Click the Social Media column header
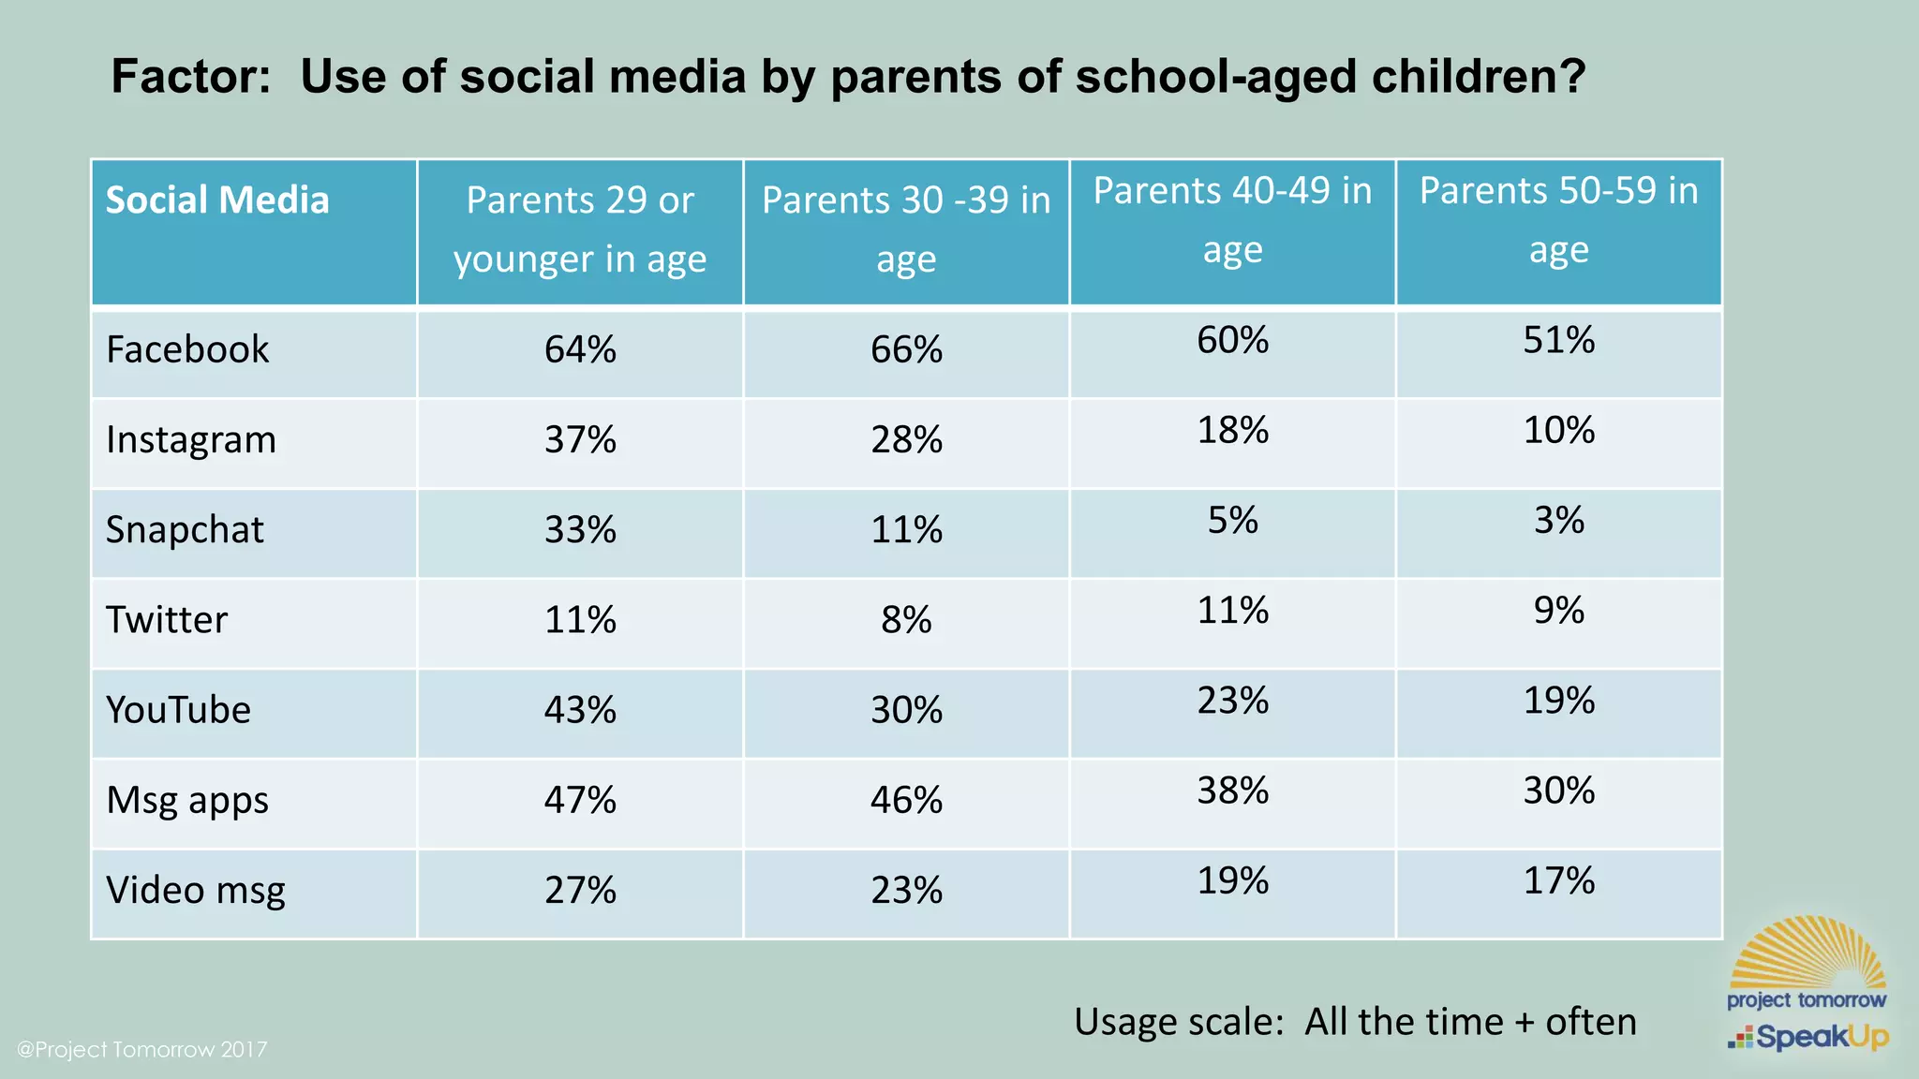tap(217, 200)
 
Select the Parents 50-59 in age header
tap(1558, 220)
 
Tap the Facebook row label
tap(187, 349)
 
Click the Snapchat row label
tap(185, 530)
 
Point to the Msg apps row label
tap(187, 801)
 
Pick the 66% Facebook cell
tap(906, 349)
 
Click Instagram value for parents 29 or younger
tap(580, 439)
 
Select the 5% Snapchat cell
tap(1232, 521)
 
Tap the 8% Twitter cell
tap(906, 620)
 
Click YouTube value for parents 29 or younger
tap(580, 710)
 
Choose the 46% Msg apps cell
tap(906, 800)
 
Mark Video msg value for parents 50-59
tap(1558, 880)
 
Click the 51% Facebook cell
tap(1558, 340)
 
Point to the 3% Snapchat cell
tap(1558, 521)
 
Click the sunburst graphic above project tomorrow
tap(1807, 952)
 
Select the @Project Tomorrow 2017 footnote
tap(142, 1049)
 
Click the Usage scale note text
tap(1355, 1022)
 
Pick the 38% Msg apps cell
tap(1232, 791)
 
